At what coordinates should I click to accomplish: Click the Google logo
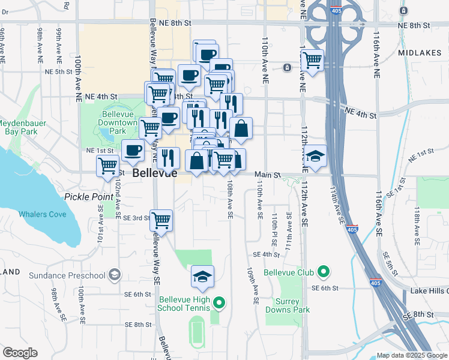pyautogui.click(x=20, y=353)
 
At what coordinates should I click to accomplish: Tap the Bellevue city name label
pyautogui.click(x=155, y=173)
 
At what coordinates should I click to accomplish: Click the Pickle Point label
pyautogui.click(x=86, y=196)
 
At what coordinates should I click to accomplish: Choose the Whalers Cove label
pyautogui.click(x=42, y=214)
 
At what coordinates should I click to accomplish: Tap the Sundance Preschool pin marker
pyautogui.click(x=114, y=275)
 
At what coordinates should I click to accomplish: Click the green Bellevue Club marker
pyautogui.click(x=324, y=272)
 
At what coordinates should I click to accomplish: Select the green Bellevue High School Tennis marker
pyautogui.click(x=219, y=303)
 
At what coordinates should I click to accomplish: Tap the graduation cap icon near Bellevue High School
pyautogui.click(x=203, y=277)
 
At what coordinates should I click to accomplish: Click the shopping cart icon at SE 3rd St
pyautogui.click(x=161, y=220)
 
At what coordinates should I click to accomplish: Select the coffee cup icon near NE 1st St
pyautogui.click(x=133, y=150)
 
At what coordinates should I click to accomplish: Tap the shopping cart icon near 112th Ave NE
pyautogui.click(x=312, y=60)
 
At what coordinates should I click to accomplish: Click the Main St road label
pyautogui.click(x=267, y=175)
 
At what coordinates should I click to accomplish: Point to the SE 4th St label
pyautogui.click(x=267, y=254)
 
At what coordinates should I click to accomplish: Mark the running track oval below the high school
pyautogui.click(x=196, y=330)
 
